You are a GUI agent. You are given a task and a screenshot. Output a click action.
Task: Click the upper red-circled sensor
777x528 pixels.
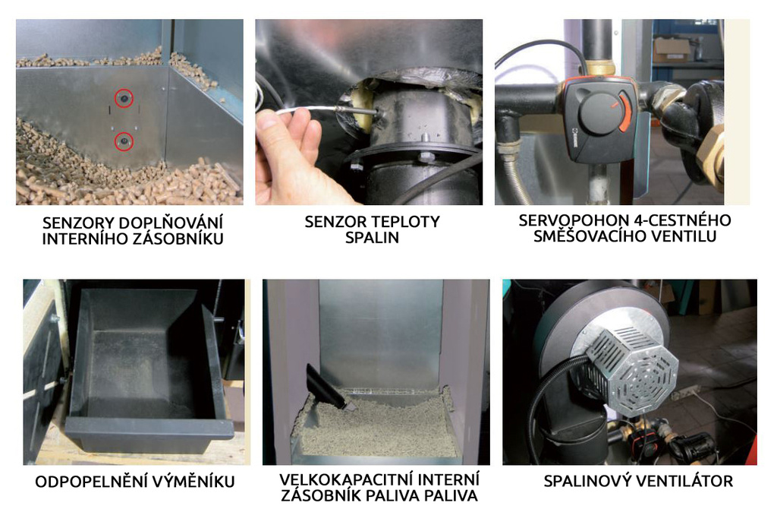coord(124,99)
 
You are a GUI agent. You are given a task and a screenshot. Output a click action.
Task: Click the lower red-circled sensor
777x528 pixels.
coord(124,142)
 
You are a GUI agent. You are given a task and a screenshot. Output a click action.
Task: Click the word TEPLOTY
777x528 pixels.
coord(406,222)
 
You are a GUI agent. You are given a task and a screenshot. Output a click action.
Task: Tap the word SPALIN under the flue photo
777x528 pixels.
coord(372,238)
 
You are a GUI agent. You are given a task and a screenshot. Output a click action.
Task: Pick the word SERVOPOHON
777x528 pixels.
coord(571,220)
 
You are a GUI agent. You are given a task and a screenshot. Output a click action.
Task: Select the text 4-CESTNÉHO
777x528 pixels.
coord(679,220)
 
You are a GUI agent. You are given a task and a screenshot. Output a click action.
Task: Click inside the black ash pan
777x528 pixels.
coord(143,372)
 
